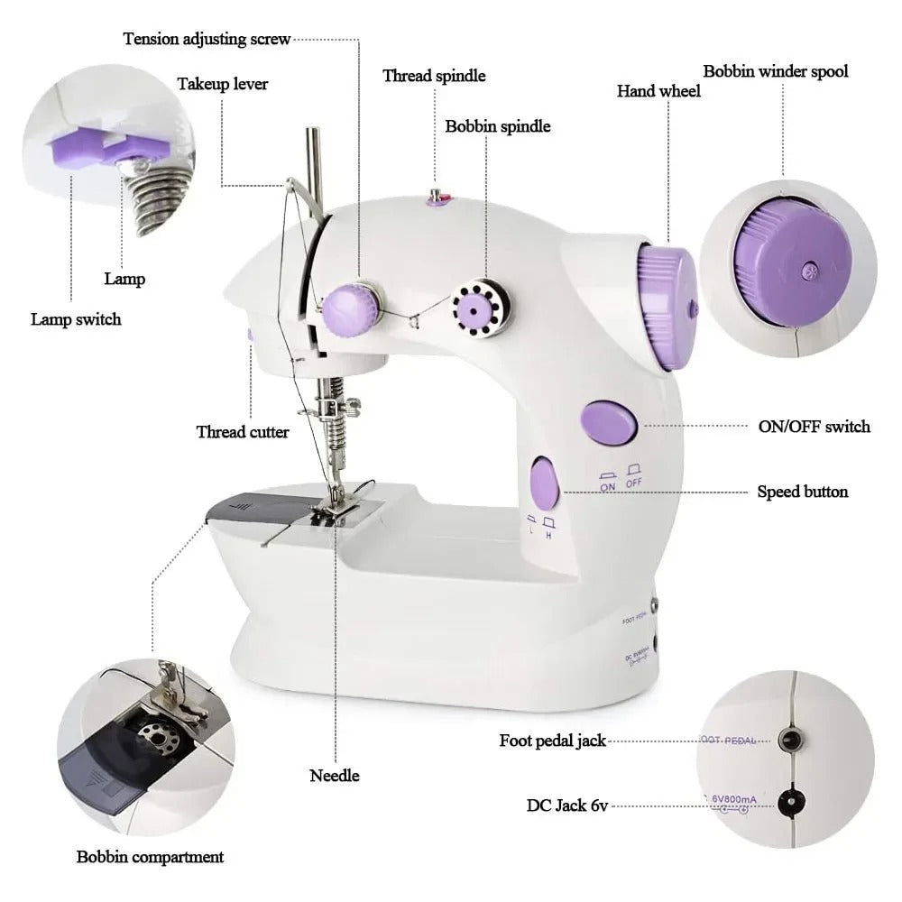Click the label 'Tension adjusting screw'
point(207,39)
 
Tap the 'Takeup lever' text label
point(222,84)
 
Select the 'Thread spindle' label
point(434,76)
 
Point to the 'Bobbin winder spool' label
point(776,70)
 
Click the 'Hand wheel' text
point(658,91)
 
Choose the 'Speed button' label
point(802,492)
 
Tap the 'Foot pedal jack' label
point(552,741)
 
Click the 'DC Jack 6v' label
point(567,805)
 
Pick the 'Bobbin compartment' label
point(150,856)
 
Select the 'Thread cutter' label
point(243,432)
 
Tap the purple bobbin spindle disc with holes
point(474,309)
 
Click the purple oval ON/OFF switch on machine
point(610,424)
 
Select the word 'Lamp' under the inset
point(124,279)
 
